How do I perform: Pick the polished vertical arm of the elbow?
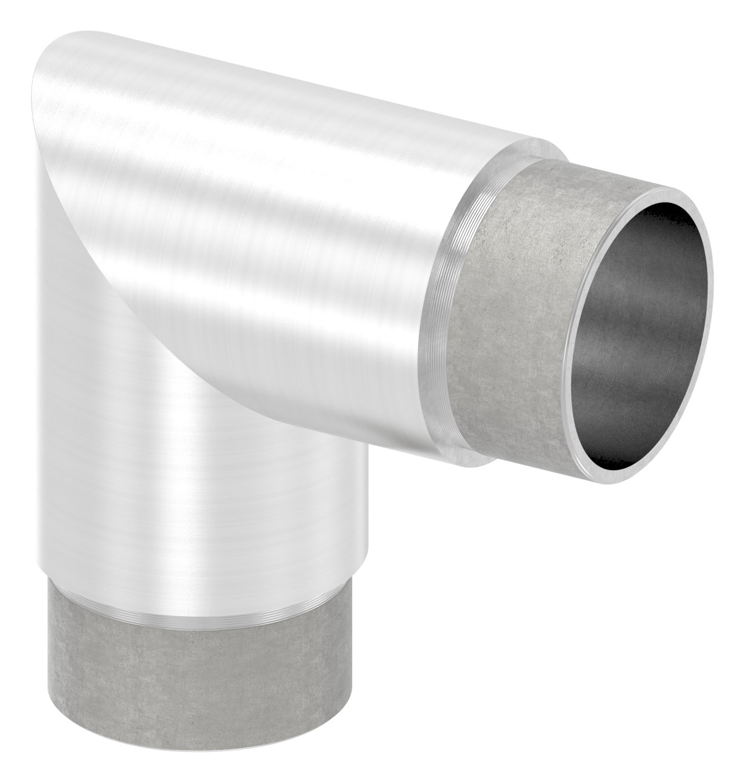[182, 485]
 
